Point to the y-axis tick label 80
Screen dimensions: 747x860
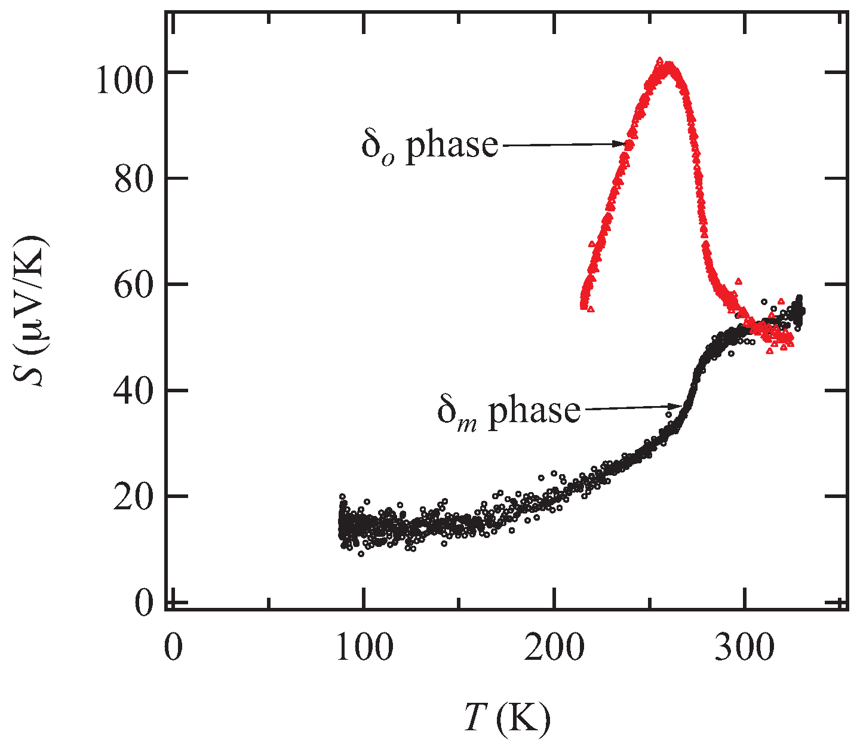(131, 179)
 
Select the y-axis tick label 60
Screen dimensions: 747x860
(131, 285)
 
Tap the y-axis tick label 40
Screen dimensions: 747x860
(131, 391)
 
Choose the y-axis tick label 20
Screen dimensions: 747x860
(131, 496)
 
